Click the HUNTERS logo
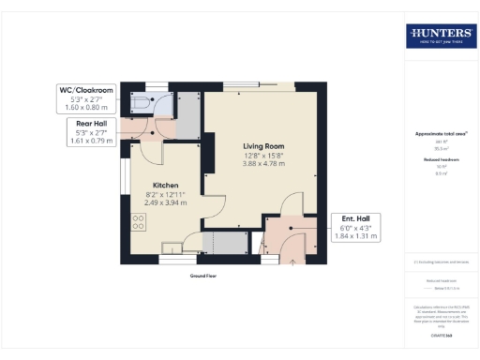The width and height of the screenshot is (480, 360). [440, 36]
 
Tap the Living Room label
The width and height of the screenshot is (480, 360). [263, 147]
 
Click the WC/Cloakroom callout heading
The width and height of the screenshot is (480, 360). [86, 90]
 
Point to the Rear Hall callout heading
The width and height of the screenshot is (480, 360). [90, 123]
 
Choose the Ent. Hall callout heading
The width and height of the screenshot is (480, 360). [354, 217]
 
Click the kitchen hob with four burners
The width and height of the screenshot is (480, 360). [140, 223]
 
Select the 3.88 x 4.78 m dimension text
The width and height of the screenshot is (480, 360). [263, 164]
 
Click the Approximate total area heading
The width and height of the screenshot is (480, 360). [440, 133]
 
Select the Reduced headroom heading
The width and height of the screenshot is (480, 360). [440, 161]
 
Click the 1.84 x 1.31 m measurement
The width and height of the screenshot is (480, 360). [355, 235]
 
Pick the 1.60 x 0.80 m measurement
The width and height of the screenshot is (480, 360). [86, 108]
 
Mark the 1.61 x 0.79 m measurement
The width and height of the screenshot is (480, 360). [90, 141]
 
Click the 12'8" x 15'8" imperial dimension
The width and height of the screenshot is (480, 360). [263, 156]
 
